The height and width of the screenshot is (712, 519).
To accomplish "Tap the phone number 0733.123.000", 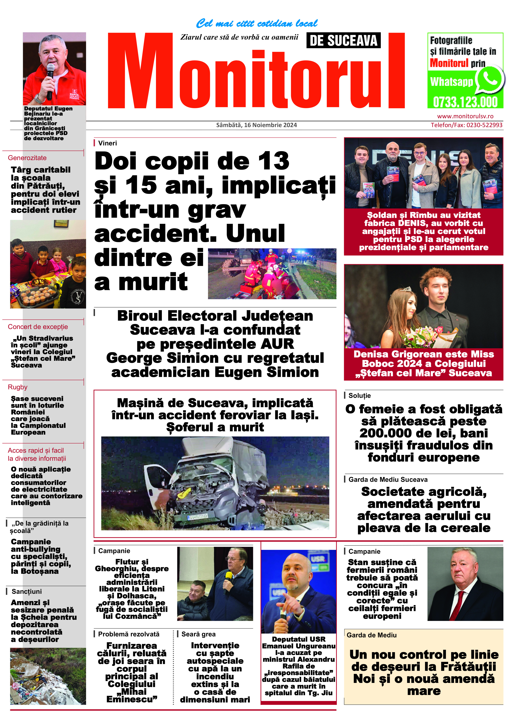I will click(465, 102).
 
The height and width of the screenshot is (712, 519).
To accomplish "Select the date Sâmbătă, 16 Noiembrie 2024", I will click(256, 125).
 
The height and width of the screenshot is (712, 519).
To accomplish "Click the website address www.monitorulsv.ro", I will click(465, 116).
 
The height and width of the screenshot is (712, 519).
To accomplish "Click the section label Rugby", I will click(18, 387).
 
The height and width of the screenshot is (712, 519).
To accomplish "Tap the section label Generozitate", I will click(27, 158).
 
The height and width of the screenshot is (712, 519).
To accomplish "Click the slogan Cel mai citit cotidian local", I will click(257, 23).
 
